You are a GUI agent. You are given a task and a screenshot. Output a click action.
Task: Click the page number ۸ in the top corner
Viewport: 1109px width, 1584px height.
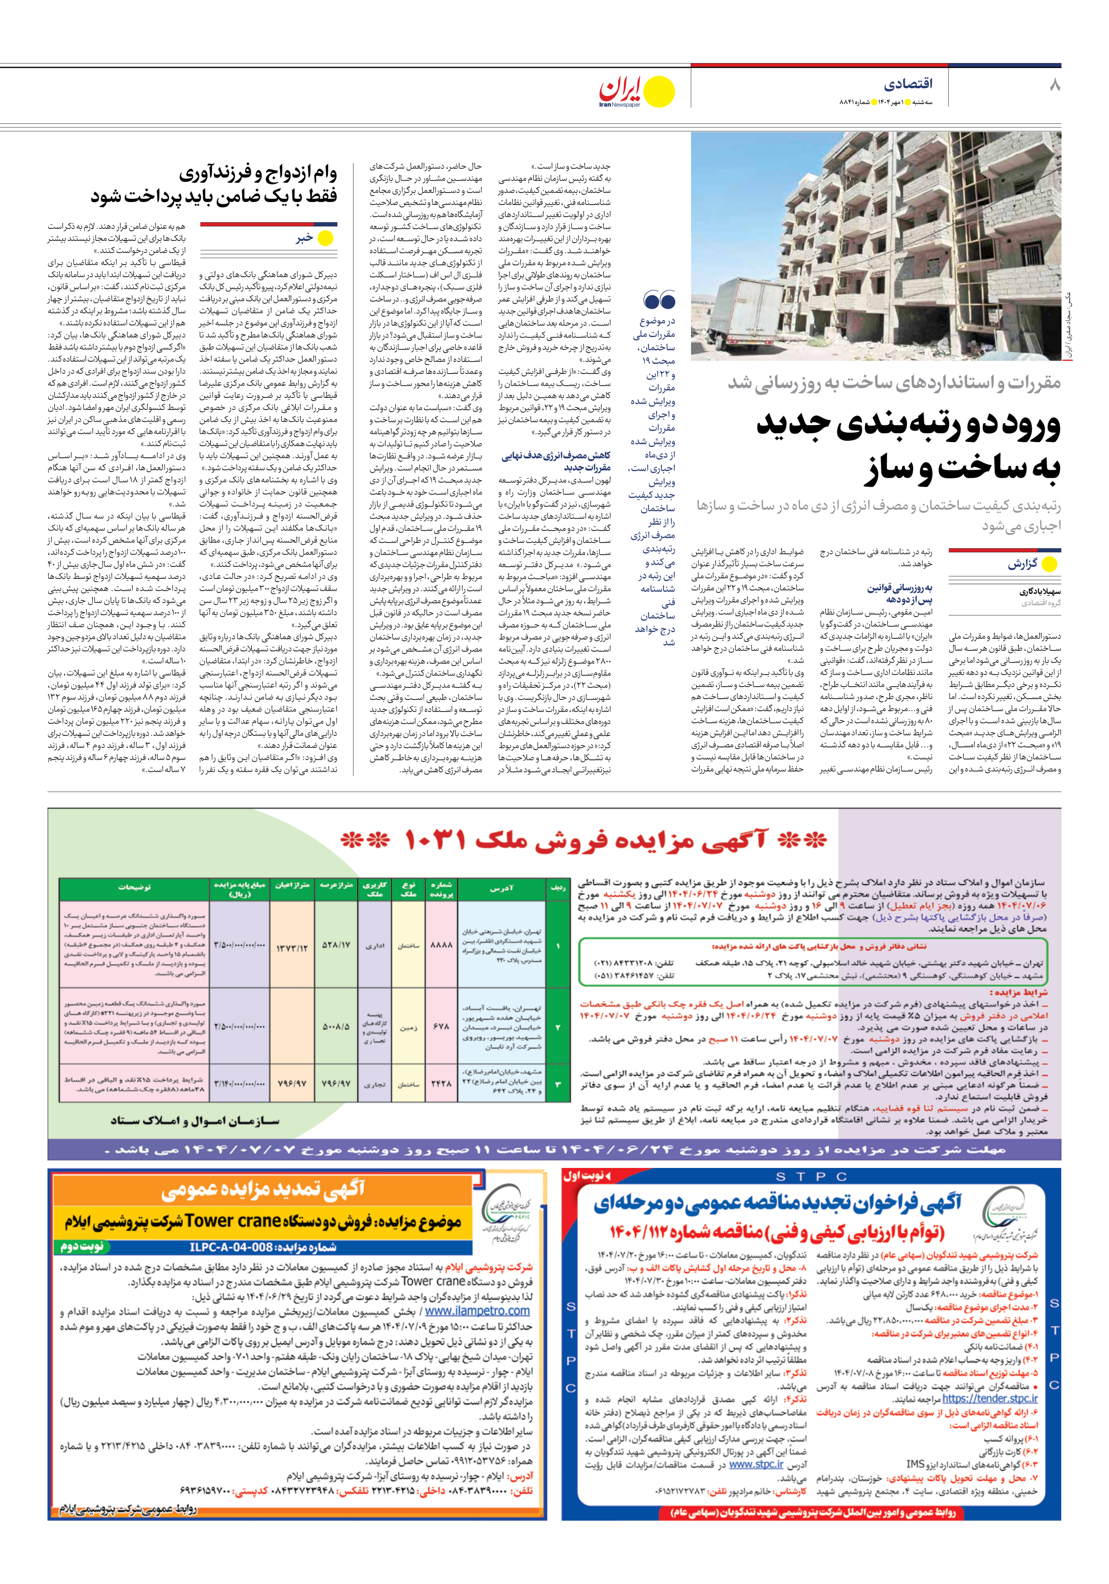tap(1054, 86)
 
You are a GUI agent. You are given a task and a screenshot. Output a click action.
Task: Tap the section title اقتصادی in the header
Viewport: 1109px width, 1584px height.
tap(908, 83)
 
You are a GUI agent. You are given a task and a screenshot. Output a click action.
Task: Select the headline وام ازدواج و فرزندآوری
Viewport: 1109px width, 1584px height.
tap(258, 173)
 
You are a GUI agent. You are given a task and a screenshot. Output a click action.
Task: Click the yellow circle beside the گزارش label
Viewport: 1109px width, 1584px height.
tap(1049, 564)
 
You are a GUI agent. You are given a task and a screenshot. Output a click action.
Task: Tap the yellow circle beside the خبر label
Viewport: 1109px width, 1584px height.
tap(325, 239)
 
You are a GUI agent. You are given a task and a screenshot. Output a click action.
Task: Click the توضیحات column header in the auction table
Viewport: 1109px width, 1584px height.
tap(134, 887)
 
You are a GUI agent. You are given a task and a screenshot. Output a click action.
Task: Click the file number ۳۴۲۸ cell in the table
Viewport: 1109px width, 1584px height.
tap(441, 1084)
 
